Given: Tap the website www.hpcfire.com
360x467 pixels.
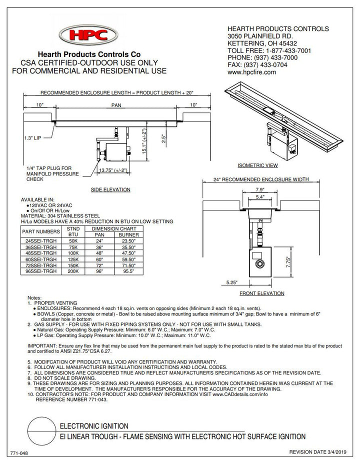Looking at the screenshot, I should pyautogui.click(x=251, y=72).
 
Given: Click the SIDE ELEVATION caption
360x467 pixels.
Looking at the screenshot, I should pyautogui.click(x=110, y=190).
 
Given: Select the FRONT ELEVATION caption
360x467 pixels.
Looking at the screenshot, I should pyautogui.click(x=261, y=293).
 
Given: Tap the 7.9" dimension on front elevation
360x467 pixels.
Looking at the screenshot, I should pyautogui.click(x=260, y=190).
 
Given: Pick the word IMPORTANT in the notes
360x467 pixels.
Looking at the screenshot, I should pyautogui.click(x=43, y=345).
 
